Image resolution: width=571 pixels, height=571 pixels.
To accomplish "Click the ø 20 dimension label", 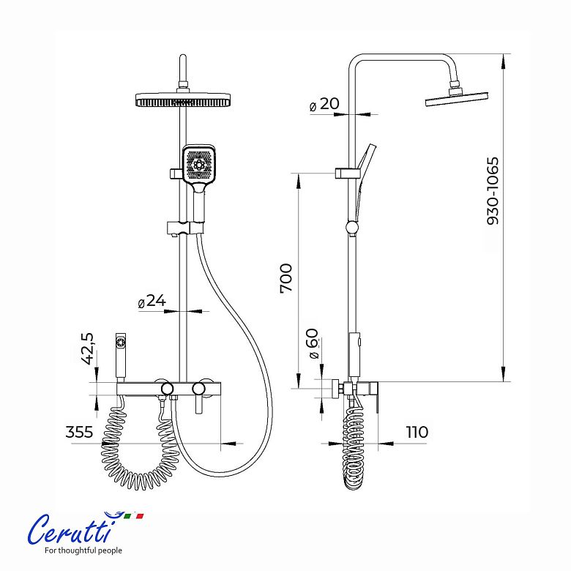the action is [324, 104].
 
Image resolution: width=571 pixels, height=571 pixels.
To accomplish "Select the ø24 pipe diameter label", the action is [152, 301].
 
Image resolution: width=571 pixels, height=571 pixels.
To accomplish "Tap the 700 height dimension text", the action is [286, 278].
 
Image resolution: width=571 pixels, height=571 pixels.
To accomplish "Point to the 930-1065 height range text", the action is [493, 191].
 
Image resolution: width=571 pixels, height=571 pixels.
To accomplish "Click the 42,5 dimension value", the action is [87, 348].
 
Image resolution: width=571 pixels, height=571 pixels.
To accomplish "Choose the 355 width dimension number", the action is [79, 432].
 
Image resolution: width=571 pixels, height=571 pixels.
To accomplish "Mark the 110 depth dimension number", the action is [417, 432].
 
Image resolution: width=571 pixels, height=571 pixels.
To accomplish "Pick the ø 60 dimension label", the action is [313, 343].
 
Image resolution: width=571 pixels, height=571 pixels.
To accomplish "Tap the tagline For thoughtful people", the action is [83, 551].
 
